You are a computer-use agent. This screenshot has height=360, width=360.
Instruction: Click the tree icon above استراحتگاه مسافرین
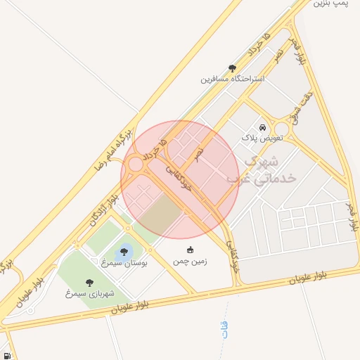coord(233,68)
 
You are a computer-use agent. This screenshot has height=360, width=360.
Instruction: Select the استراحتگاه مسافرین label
coord(233,79)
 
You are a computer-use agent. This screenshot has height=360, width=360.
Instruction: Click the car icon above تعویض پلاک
coord(262,128)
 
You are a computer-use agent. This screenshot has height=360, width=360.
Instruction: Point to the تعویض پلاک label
coord(261,139)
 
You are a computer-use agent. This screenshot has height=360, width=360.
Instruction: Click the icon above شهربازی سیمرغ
coord(89,282)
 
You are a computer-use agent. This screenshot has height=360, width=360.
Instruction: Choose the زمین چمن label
coord(190,261)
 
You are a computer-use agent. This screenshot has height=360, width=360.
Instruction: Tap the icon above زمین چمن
coord(190,250)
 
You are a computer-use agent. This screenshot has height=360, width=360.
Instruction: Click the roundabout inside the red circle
coord(136,165)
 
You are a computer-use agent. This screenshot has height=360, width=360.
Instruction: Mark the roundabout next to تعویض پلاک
coord(282,129)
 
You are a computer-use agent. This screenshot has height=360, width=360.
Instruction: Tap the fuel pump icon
coord(6,356)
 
